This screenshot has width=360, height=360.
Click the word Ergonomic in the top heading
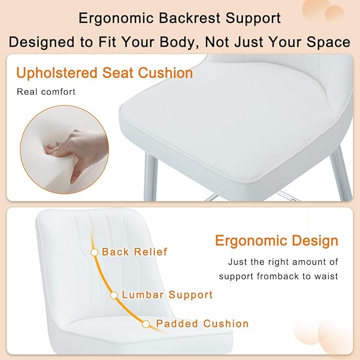click(x=116, y=19)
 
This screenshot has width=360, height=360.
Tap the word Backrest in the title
click(x=189, y=18)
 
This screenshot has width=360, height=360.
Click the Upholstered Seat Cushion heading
click(x=104, y=73)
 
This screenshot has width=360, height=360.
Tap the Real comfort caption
click(x=46, y=92)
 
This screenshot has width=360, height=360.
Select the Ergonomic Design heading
click(x=277, y=241)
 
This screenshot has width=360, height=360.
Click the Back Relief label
click(x=135, y=252)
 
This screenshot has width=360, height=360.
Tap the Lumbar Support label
click(x=167, y=295)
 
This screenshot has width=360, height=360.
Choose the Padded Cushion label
click(x=203, y=324)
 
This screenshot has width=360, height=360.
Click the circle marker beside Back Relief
click(x=94, y=252)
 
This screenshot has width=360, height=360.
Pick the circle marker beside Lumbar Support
click(x=114, y=295)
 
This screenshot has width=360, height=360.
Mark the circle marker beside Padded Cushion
click(x=146, y=324)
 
